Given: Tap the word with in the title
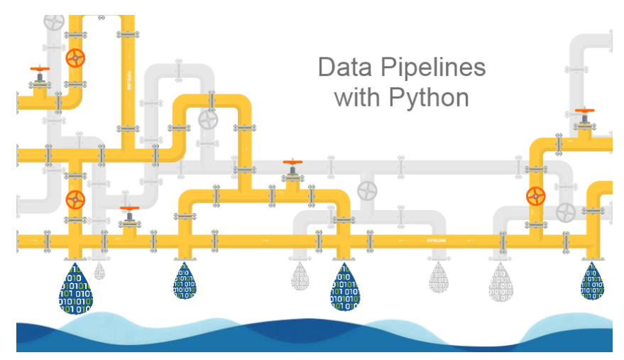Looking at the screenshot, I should (x=358, y=97).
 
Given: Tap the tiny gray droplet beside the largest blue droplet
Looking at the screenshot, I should (x=99, y=271).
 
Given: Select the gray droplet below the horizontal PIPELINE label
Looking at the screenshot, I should (x=438, y=278).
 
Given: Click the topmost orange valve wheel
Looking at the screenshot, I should (x=75, y=58).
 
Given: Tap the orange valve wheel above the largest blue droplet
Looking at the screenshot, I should (x=75, y=198).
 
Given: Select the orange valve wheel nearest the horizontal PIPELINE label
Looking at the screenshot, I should (x=535, y=197).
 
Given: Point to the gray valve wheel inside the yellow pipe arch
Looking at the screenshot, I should (x=208, y=120).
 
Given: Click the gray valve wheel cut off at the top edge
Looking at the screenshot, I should (x=54, y=21).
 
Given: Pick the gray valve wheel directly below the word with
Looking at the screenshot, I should (x=367, y=190).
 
